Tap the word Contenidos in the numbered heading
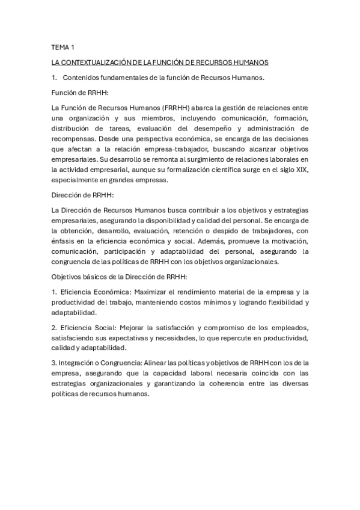pyautogui.click(x=81, y=77)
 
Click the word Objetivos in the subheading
pyautogui.click(x=68, y=276)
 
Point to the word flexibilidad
pyautogui.click(x=278, y=303)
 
